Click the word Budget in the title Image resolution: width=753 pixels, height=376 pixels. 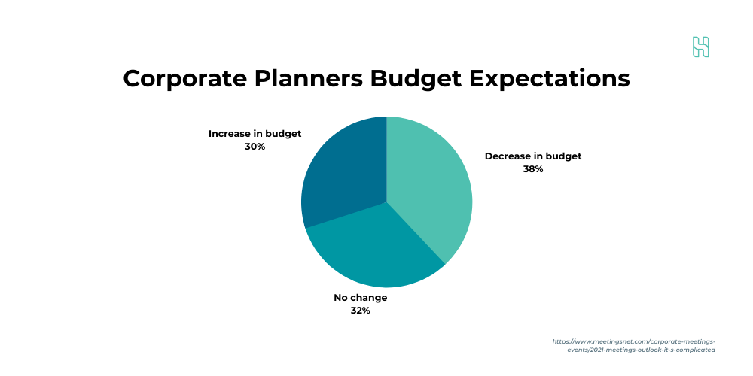click(x=416, y=79)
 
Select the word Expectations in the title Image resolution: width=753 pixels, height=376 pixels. click(x=550, y=79)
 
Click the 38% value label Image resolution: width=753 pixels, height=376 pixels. click(x=533, y=169)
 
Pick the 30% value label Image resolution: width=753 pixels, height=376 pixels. click(x=255, y=147)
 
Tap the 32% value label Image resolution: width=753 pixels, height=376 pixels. click(x=360, y=311)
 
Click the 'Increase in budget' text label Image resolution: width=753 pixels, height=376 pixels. click(x=255, y=134)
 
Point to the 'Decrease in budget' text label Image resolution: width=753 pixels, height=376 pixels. click(x=533, y=156)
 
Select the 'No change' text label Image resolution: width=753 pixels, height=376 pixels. click(x=360, y=298)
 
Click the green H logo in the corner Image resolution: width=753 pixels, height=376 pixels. click(x=700, y=47)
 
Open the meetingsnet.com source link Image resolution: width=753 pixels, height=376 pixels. click(x=634, y=346)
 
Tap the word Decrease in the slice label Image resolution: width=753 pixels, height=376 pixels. click(x=507, y=156)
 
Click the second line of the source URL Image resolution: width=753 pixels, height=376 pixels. click(x=641, y=350)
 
